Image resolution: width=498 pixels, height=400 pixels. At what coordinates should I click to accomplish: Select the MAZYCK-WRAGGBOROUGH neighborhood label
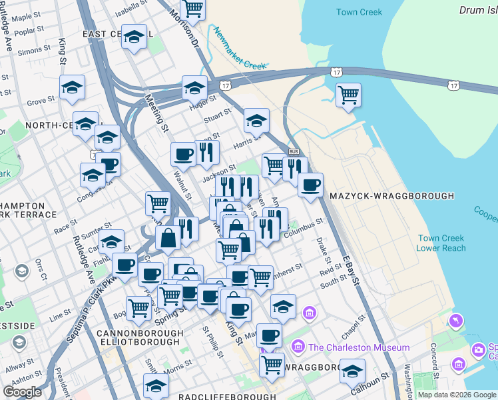coord(391,196)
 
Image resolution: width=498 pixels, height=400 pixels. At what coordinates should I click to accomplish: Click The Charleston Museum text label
coord(359,347)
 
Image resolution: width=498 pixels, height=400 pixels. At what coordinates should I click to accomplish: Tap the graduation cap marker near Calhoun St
coord(352,370)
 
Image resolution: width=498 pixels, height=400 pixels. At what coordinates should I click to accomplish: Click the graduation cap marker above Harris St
coord(256,120)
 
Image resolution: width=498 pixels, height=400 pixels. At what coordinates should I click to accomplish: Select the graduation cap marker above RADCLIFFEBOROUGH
coord(156,385)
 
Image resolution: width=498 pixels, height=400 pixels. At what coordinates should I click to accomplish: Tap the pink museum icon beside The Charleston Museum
coord(297,347)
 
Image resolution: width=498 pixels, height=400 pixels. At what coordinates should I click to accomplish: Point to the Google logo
coord(23,392)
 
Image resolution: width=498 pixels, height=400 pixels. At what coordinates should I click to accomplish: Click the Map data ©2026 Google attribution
coord(457,395)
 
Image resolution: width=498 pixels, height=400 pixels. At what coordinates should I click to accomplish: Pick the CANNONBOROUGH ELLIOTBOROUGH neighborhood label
coord(138,337)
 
